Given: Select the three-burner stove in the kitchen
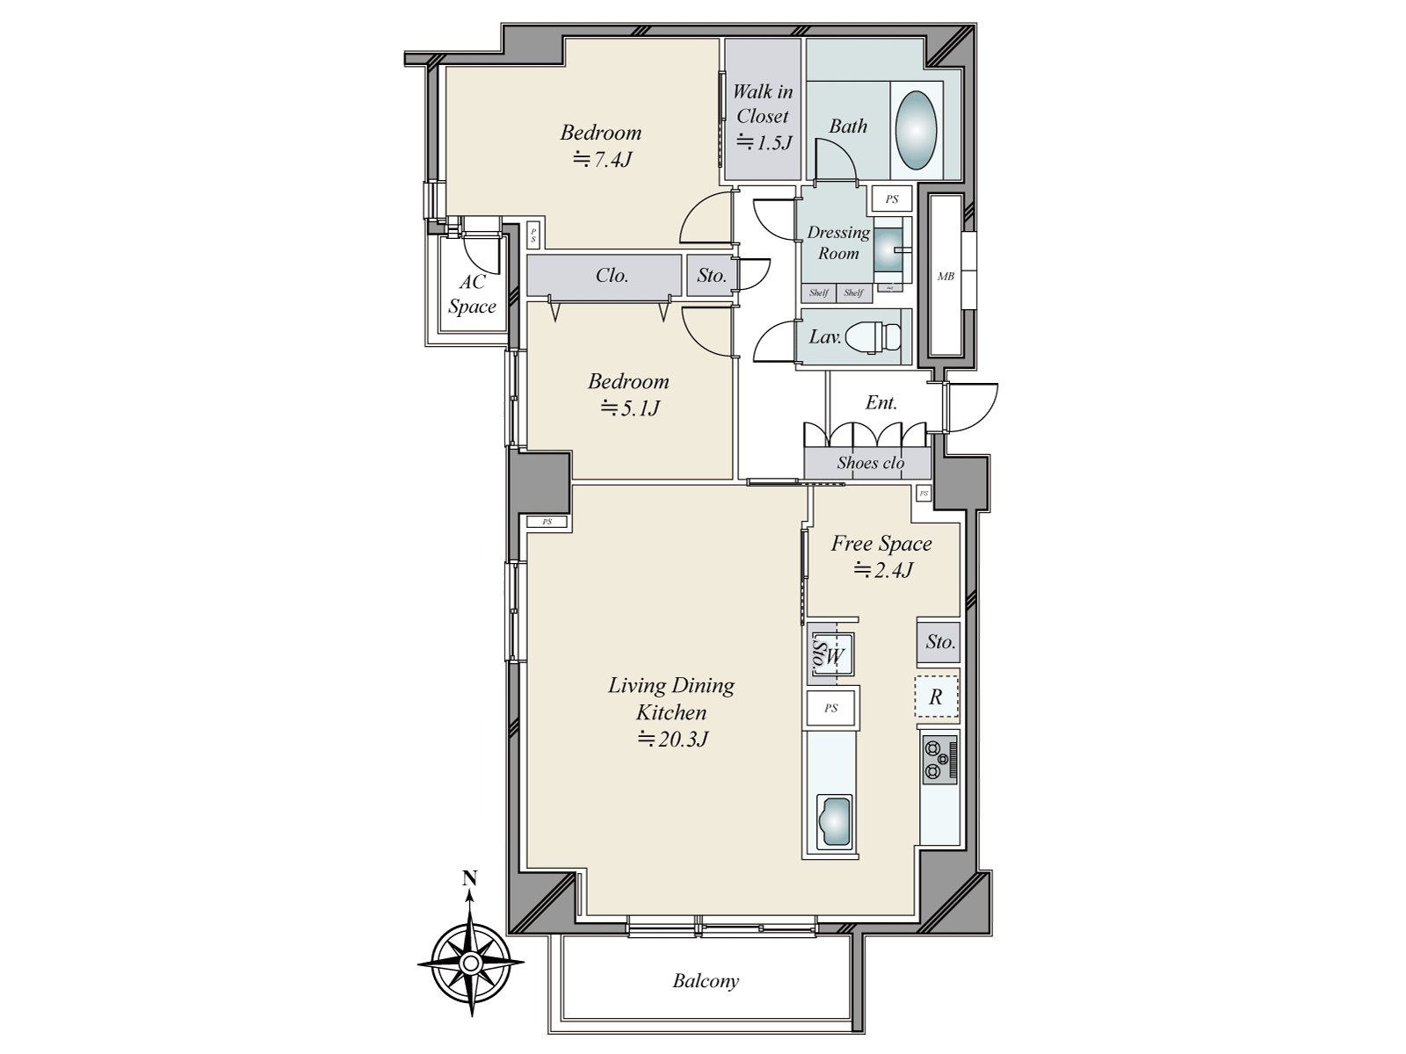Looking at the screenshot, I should pyautogui.click(x=939, y=760).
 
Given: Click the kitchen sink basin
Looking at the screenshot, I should pyautogui.click(x=835, y=821).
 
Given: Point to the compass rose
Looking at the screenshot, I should pyautogui.click(x=471, y=964).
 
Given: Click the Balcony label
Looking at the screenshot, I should pyautogui.click(x=706, y=980).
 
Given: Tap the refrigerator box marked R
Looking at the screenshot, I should pyautogui.click(x=936, y=697).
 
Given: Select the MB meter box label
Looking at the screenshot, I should pyautogui.click(x=946, y=276).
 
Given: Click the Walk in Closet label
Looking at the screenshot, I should pyautogui.click(x=762, y=104).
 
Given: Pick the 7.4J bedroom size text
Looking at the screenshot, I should pyautogui.click(x=602, y=160).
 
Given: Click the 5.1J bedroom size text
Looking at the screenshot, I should pyautogui.click(x=629, y=408).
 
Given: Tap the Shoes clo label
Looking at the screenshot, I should pyautogui.click(x=869, y=463).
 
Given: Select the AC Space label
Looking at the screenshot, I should pyautogui.click(x=472, y=294).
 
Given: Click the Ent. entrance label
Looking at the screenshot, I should pyautogui.click(x=881, y=403).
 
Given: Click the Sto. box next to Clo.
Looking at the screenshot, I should pyautogui.click(x=712, y=275).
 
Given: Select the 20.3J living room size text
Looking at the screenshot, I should pyautogui.click(x=672, y=740).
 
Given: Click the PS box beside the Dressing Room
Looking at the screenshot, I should pyautogui.click(x=891, y=199).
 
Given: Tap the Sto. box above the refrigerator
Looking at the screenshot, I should pyautogui.click(x=939, y=641).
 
